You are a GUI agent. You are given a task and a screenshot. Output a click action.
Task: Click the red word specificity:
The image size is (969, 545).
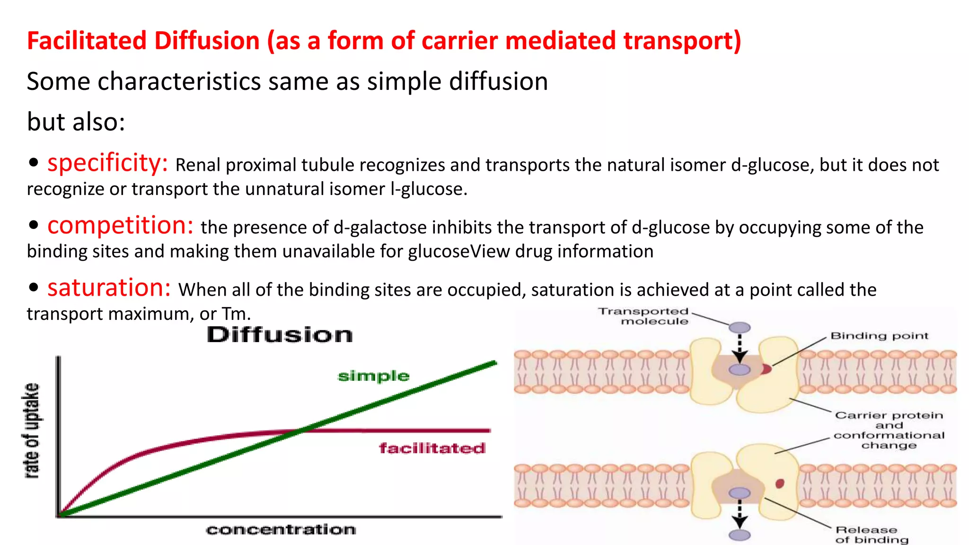coord(107,163)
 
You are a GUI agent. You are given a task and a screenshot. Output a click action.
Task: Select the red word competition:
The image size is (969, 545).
coord(120,225)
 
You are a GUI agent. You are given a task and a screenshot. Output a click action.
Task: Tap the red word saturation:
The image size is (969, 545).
coord(109,288)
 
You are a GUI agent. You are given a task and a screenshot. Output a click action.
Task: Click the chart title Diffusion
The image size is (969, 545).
coord(280,335)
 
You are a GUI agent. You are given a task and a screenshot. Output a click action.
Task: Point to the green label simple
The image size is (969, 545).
coord(373,376)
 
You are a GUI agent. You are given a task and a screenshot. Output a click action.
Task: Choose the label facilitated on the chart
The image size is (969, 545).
coord(432,448)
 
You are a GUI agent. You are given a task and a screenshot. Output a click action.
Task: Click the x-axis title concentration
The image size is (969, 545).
coord(281,529)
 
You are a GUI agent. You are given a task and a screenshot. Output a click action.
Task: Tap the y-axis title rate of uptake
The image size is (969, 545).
coord(32,431)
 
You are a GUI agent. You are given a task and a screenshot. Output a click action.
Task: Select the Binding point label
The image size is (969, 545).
coord(879,336)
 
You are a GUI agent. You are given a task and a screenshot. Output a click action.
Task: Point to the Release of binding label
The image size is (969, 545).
coord(871,535)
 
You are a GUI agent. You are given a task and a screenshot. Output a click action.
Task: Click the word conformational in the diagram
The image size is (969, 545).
coord(889,435)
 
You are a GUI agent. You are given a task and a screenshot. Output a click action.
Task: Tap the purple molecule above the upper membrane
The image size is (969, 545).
coord(739,327)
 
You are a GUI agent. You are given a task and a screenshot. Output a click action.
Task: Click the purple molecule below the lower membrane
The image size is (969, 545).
coord(739,535)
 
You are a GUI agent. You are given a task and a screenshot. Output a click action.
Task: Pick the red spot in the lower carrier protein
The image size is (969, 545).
coord(780,483)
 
